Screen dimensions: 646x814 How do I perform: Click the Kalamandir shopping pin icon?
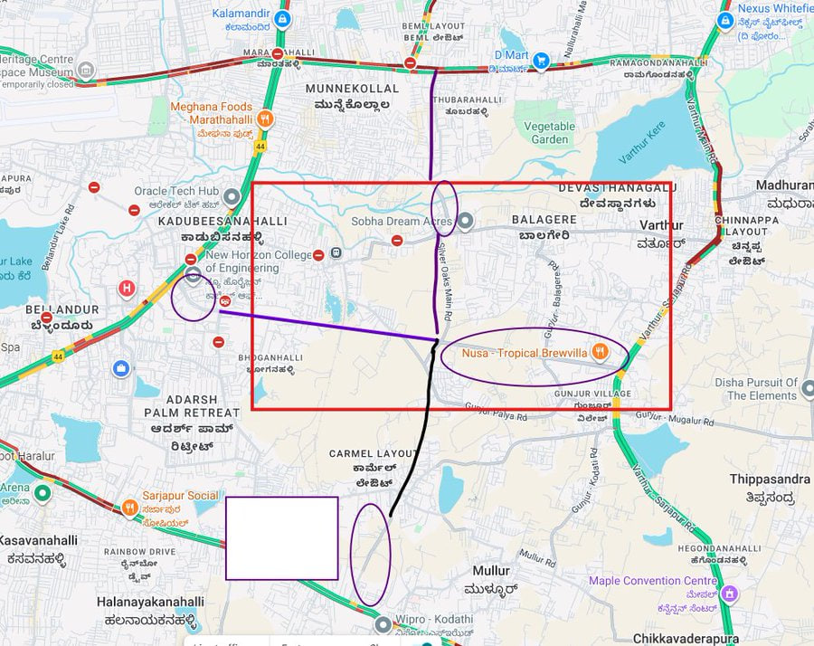coord(282,19)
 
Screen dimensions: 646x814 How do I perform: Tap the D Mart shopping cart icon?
coord(541,61)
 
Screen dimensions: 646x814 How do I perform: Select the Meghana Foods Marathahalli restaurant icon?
coord(264,118)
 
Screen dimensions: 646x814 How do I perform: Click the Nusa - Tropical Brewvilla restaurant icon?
coord(599,352)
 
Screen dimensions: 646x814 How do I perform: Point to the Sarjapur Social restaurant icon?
coord(129,508)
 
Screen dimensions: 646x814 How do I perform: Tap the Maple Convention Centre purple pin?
coord(730,594)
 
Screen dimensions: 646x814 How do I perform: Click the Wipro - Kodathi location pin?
coord(383,624)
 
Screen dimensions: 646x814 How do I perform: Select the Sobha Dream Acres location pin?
coord(464,221)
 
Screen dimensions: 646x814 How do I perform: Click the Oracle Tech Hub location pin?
coord(231,196)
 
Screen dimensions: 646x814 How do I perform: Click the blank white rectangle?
coord(281,537)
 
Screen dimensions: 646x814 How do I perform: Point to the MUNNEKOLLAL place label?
coord(352,89)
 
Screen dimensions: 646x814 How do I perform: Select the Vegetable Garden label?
coord(550,133)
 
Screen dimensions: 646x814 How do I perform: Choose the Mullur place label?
coord(490,571)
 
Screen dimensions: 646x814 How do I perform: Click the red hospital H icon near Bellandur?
coord(127,290)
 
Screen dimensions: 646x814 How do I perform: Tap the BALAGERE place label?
coord(544,219)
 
